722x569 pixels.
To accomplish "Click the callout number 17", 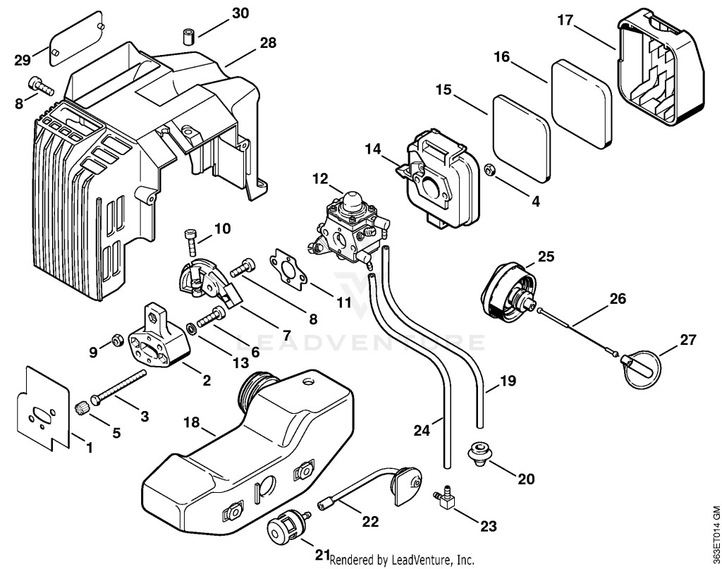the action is coord(565,20).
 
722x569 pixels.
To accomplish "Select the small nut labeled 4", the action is coord(491,170).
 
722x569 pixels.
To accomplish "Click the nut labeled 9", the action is coord(116,341).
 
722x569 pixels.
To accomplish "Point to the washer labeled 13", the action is coord(190,329).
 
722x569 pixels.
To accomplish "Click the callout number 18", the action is coord(192,422).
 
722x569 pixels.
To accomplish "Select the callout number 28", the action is coord(267,43).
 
